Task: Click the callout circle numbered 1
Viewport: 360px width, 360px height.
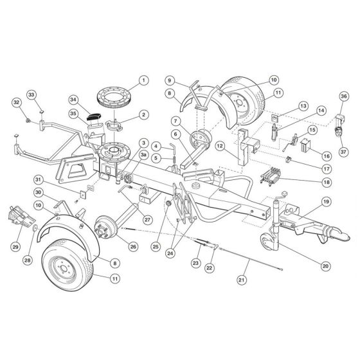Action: (x=144, y=80)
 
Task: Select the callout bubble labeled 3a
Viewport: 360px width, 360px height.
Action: (x=143, y=155)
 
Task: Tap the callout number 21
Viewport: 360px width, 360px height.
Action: (x=242, y=280)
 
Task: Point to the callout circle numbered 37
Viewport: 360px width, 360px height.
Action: (x=343, y=152)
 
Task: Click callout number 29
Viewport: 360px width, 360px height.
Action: (x=15, y=247)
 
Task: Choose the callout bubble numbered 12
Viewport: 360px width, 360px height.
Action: (x=220, y=146)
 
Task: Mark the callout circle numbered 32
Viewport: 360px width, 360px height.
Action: (x=17, y=102)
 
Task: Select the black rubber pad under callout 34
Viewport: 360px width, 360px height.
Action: (x=94, y=117)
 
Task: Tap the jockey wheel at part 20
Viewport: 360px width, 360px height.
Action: (x=266, y=241)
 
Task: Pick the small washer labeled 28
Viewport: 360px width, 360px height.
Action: (x=35, y=228)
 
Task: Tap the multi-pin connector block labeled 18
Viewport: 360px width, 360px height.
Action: (x=270, y=175)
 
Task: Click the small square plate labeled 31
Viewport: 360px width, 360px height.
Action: (x=83, y=194)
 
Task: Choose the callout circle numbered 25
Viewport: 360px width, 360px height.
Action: (x=156, y=247)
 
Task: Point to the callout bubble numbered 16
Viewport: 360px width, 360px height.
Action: (x=327, y=156)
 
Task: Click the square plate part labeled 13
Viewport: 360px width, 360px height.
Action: (x=274, y=118)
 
